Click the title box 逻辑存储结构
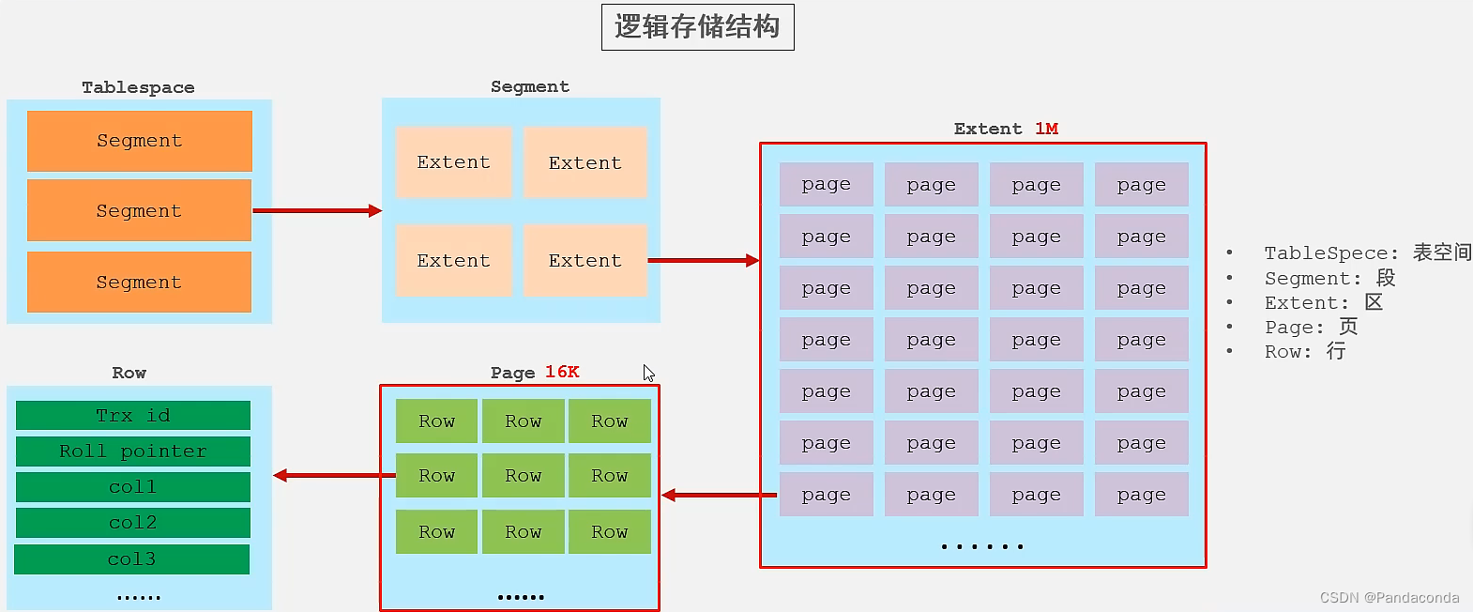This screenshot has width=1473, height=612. [697, 27]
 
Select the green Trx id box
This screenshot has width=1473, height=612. [133, 416]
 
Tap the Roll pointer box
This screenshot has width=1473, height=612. [133, 451]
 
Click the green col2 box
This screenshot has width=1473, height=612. [133, 523]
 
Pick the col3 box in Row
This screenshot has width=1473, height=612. [132, 559]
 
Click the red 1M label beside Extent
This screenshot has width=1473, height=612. [1047, 129]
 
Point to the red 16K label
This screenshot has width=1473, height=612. [562, 373]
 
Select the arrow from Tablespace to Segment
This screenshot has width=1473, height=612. [316, 210]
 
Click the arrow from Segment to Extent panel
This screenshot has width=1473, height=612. [703, 260]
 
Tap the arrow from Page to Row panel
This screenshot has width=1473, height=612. [333, 475]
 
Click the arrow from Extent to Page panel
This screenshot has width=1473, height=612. [719, 495]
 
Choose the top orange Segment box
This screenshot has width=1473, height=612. [140, 141]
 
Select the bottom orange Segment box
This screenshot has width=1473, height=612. [140, 282]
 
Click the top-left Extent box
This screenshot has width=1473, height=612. [454, 162]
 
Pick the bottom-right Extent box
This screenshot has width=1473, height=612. [585, 260]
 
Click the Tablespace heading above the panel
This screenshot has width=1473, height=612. [138, 87]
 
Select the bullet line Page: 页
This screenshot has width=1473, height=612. [1310, 327]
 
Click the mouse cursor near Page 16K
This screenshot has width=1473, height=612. [648, 373]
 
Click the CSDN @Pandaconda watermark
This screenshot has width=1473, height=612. [1389, 598]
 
